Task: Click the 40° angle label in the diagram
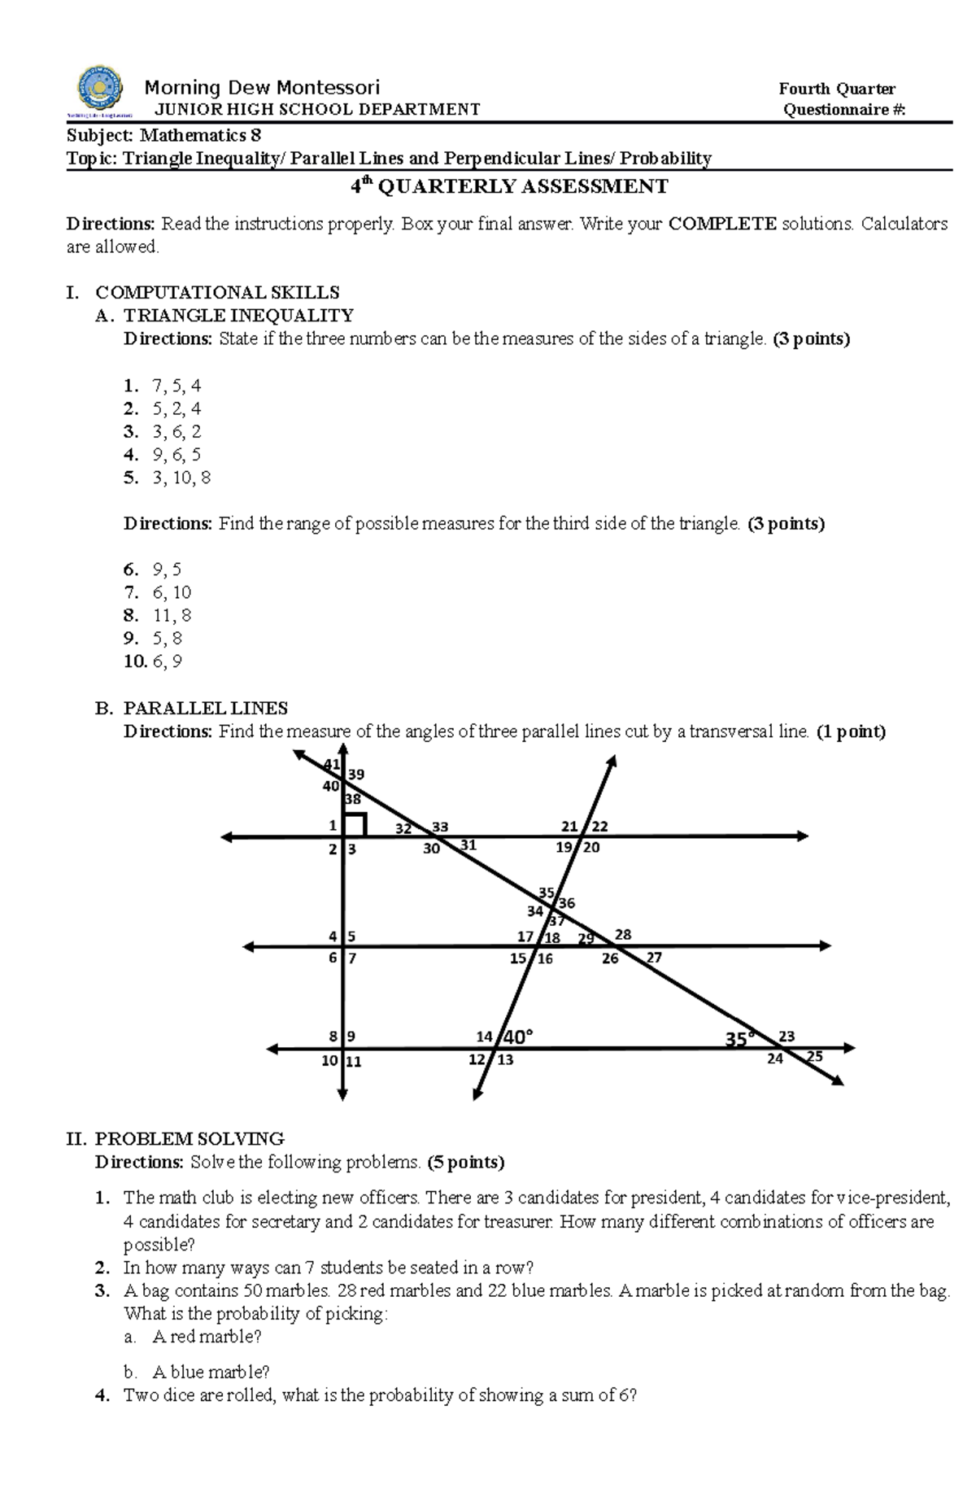pyautogui.click(x=518, y=1037)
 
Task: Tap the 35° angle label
pyautogui.click(x=739, y=1038)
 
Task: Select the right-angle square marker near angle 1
pyautogui.click(x=356, y=823)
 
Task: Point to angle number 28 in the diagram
pyautogui.click(x=623, y=935)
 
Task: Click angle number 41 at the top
pyautogui.click(x=331, y=764)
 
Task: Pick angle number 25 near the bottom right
pyautogui.click(x=814, y=1056)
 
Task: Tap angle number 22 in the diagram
pyautogui.click(x=599, y=827)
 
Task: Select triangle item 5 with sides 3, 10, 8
pyautogui.click(x=167, y=478)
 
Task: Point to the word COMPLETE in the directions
pyautogui.click(x=722, y=224)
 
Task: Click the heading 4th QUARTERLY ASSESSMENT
pyautogui.click(x=509, y=187)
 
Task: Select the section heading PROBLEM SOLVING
pyautogui.click(x=189, y=1138)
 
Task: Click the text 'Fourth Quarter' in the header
pyautogui.click(x=837, y=89)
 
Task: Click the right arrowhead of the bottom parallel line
pyautogui.click(x=850, y=1048)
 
